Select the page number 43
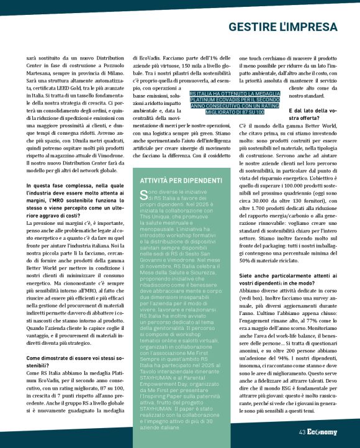(302, 432)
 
